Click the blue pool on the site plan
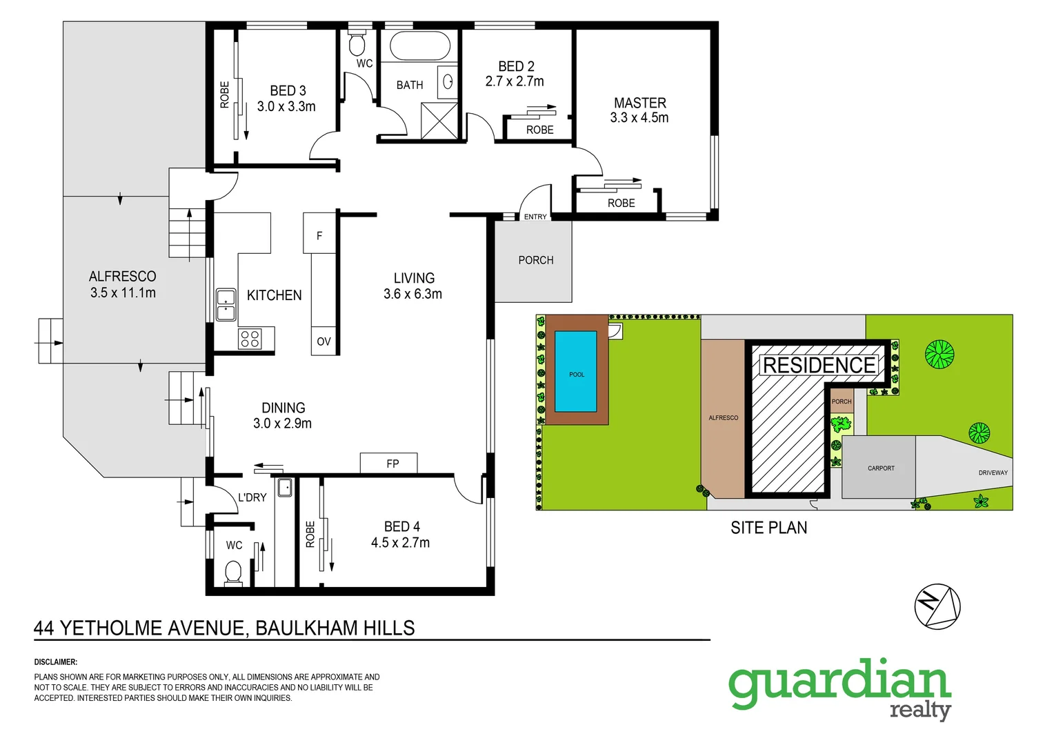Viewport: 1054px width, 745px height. [x=576, y=371]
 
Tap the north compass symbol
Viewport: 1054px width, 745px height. [x=937, y=607]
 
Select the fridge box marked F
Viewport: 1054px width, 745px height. [x=319, y=235]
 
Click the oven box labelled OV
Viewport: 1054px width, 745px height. [x=324, y=341]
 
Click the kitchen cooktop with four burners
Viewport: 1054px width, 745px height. [x=250, y=339]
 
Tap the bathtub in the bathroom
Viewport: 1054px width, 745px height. [x=420, y=46]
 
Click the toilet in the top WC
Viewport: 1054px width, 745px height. [x=357, y=44]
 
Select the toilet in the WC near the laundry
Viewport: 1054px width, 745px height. [x=233, y=572]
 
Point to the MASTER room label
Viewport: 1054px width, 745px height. [x=640, y=103]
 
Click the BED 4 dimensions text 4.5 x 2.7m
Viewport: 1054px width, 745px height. [x=400, y=543]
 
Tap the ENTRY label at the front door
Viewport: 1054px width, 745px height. [x=535, y=217]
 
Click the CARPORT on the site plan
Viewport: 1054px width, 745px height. [x=879, y=468]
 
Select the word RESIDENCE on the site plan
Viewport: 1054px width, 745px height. [x=819, y=365]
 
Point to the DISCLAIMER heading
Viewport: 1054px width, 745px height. [x=56, y=662]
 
